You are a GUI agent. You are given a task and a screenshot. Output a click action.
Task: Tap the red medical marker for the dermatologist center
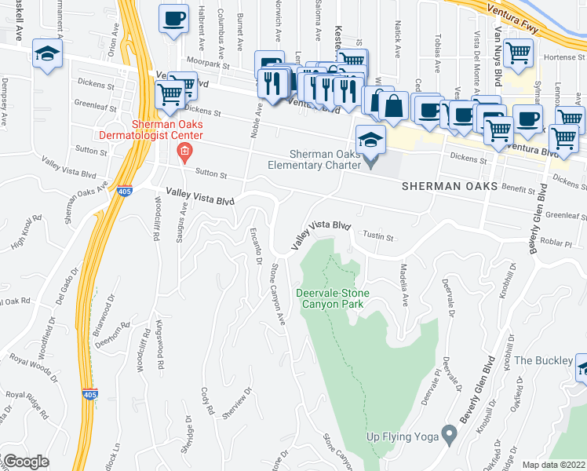pos(184,152)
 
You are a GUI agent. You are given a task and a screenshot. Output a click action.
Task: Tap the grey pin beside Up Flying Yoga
pos(449,433)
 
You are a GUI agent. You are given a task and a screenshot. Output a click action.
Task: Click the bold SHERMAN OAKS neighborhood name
pos(450,186)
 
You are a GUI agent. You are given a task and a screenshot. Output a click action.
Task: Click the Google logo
pos(27,462)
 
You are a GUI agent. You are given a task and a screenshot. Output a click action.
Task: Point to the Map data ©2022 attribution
pos(553,465)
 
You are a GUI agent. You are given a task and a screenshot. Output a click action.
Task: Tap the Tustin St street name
pos(377,235)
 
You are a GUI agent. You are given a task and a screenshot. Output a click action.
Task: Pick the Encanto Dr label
pos(255,246)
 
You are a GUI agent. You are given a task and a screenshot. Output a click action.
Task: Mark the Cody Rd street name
pos(207,399)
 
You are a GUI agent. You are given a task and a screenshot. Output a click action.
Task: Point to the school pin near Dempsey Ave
pos(47,55)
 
